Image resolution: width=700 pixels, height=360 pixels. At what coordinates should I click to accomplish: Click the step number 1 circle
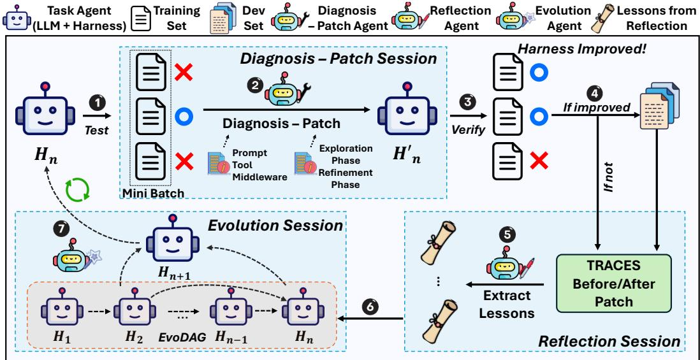point(98,103)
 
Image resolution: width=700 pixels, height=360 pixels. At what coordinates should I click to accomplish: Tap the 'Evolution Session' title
point(275,226)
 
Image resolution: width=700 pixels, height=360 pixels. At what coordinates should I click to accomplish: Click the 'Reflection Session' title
point(609,342)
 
